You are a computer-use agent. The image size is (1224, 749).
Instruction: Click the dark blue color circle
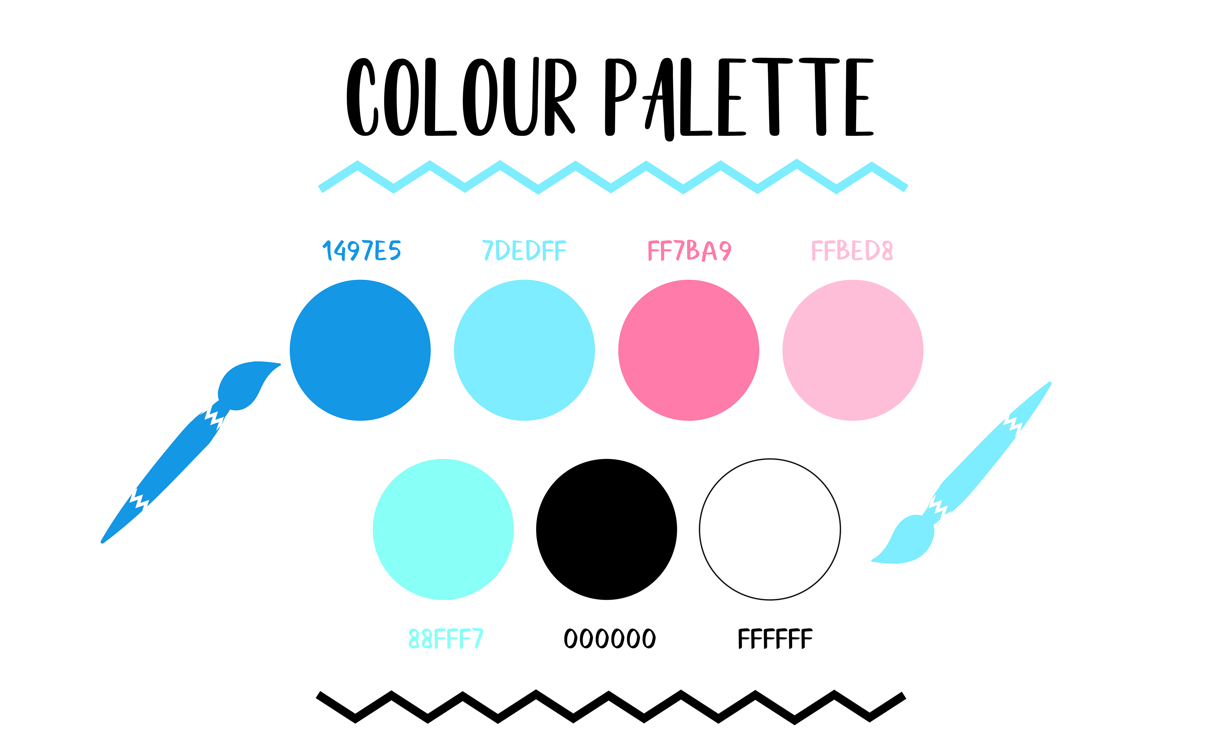click(360, 350)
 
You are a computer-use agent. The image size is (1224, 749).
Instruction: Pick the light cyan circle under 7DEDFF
click(524, 350)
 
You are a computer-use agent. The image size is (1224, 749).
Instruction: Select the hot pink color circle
click(688, 350)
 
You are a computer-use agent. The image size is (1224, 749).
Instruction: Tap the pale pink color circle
click(852, 350)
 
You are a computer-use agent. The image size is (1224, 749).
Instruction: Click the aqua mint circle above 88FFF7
click(443, 529)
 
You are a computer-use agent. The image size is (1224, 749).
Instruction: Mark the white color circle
click(770, 529)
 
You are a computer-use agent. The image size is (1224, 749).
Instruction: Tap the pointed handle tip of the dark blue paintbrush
click(103, 541)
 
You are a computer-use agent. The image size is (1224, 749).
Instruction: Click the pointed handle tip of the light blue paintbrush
click(1049, 384)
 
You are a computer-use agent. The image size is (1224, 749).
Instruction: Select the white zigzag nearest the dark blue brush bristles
click(214, 417)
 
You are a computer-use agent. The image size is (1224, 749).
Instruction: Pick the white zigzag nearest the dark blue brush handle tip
click(139, 499)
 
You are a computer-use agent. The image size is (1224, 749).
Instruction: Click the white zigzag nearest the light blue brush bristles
click(938, 507)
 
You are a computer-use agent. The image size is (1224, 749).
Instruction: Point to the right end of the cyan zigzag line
click(906, 189)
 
